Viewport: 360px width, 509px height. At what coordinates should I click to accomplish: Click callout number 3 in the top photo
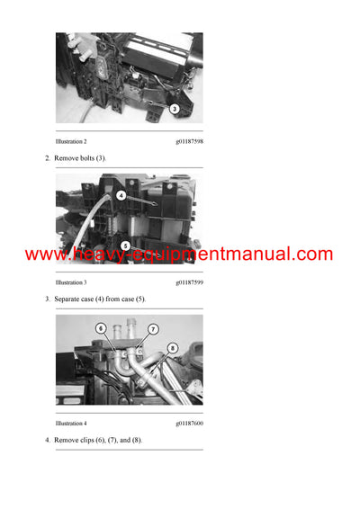coord(174,108)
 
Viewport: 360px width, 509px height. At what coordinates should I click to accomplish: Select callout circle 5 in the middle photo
coord(124,245)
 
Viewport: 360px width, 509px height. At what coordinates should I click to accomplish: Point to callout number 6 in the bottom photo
coord(101,328)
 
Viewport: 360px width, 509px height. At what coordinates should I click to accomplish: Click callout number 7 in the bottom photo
coord(152,329)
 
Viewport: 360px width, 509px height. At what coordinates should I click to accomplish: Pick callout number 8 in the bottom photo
coord(172,348)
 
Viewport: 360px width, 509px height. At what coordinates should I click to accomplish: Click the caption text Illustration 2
coord(71,142)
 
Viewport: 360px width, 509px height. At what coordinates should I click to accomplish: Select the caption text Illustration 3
coord(71,282)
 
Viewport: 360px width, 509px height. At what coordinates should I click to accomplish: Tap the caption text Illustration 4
coord(71,423)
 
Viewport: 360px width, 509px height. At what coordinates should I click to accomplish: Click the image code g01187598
coord(189,142)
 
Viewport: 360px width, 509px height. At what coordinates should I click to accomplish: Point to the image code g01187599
coord(189,282)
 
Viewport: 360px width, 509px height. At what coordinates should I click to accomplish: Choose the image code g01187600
coord(189,423)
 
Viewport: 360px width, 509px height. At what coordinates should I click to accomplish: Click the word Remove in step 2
coord(67,158)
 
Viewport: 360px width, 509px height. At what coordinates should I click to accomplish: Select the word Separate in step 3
coord(69,299)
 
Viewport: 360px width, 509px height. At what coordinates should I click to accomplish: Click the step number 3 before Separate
coord(47,299)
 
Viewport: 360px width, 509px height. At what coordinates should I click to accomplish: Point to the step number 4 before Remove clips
coord(47,440)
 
